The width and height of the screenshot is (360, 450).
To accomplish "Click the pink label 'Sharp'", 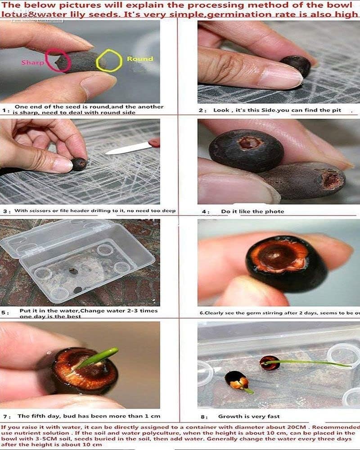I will [x=33, y=62].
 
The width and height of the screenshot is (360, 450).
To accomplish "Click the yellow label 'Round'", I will [x=139, y=59].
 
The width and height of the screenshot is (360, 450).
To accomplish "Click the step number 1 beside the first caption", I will [x=4, y=110].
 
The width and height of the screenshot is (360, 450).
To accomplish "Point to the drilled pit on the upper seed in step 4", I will [x=251, y=143].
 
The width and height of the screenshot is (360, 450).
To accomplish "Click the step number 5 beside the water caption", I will [x=4, y=311].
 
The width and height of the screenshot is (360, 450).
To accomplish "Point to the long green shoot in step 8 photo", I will [x=310, y=363].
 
